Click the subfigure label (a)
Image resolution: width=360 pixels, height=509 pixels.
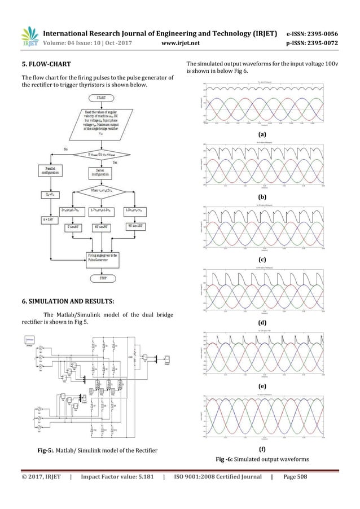(261, 135)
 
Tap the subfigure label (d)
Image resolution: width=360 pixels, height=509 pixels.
(261, 322)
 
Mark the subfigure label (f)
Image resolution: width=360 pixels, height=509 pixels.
(261, 449)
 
